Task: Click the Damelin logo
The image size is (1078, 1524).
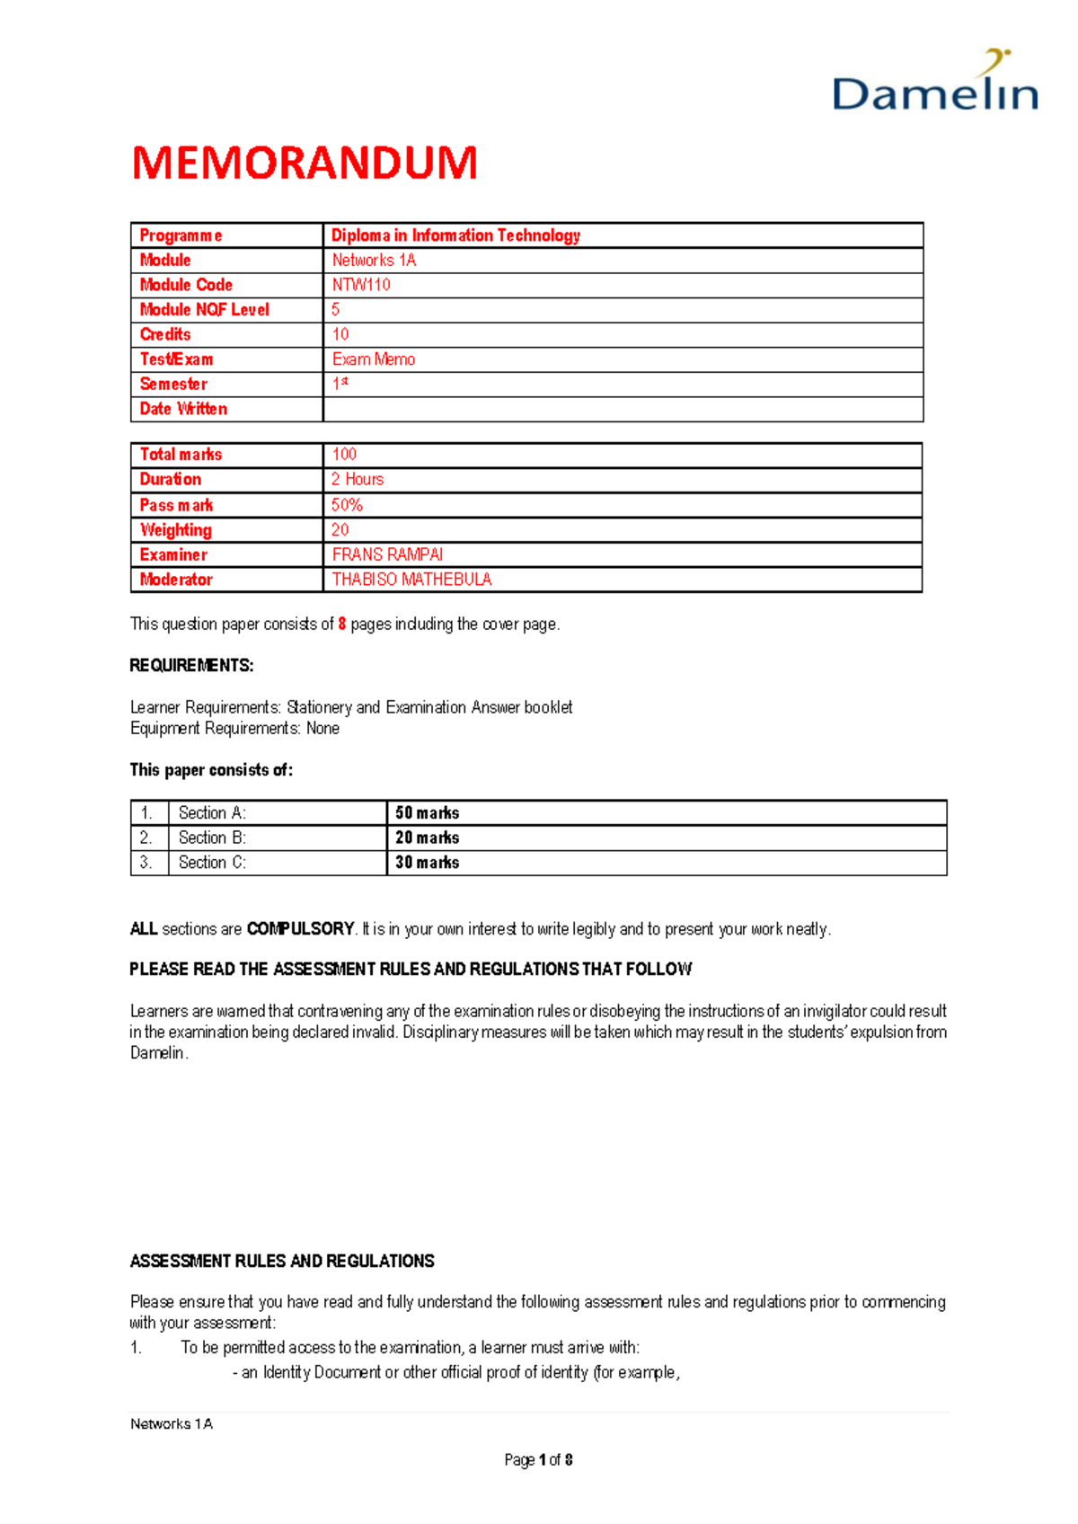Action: click(935, 84)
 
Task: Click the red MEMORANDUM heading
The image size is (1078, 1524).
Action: click(305, 164)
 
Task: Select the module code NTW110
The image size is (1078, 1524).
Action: click(361, 285)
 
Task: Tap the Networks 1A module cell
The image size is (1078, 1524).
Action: click(374, 261)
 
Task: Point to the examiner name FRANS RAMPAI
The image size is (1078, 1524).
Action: click(387, 555)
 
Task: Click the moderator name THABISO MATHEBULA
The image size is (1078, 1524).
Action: click(411, 580)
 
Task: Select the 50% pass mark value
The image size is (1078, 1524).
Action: click(347, 505)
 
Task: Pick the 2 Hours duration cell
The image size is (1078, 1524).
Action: click(358, 480)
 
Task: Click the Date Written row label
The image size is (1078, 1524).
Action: click(183, 409)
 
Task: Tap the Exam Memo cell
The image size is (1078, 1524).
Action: click(374, 359)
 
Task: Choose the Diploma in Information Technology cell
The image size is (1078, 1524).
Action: click(455, 235)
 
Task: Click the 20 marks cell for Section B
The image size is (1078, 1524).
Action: click(428, 837)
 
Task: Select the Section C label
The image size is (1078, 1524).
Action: click(212, 863)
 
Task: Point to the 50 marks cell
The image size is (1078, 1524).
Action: click(428, 813)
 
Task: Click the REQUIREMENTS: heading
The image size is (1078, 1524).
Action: click(191, 666)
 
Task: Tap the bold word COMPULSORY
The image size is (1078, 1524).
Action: click(300, 929)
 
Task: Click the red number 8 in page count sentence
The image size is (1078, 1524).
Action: click(341, 625)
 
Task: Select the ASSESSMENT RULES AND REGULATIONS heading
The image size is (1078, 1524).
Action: click(282, 1262)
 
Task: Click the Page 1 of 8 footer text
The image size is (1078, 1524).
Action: click(538, 1460)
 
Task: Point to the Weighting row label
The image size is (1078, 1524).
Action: click(176, 530)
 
